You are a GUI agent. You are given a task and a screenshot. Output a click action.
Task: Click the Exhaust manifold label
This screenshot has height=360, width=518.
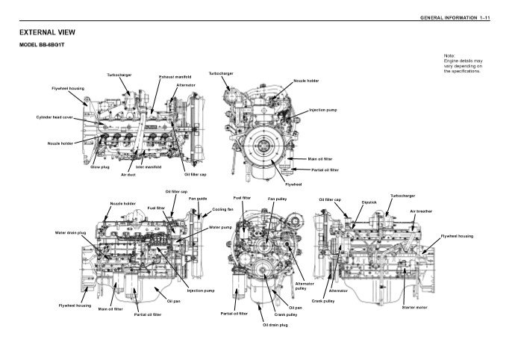[175, 76]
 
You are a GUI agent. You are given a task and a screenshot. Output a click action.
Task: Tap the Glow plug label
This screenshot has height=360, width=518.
[100, 167]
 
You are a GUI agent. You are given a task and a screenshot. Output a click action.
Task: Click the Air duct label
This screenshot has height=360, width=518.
[128, 175]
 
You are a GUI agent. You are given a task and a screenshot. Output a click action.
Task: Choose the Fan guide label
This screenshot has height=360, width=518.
[198, 198]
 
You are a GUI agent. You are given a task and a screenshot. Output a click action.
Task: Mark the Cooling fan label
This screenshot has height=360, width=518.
[223, 210]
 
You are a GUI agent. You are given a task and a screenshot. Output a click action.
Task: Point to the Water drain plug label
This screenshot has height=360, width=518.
[72, 233]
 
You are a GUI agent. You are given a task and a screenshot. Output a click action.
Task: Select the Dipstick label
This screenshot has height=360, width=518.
[369, 202]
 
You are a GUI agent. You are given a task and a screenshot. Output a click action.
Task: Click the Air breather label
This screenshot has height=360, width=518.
[421, 211]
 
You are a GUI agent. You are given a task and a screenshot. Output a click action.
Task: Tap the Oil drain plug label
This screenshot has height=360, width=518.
[275, 326]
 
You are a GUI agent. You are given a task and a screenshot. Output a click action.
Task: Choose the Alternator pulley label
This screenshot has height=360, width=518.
[305, 286]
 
